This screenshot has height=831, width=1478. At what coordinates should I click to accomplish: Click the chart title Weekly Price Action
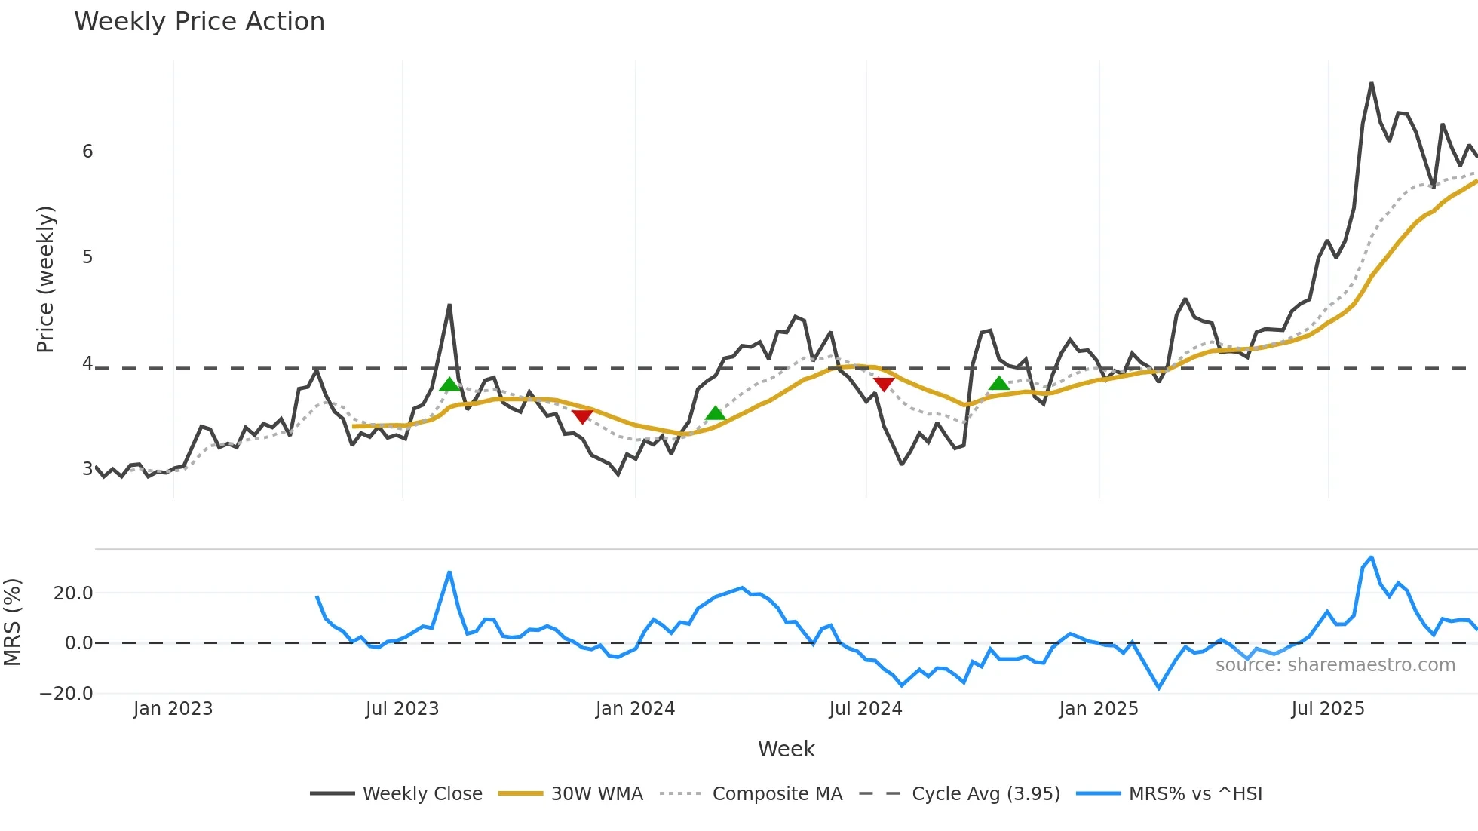click(x=199, y=22)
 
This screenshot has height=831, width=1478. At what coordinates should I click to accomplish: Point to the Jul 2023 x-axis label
click(x=402, y=709)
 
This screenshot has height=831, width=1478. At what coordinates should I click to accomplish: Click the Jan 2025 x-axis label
click(x=1098, y=709)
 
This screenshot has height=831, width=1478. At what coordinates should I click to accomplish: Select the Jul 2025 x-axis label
click(x=1327, y=709)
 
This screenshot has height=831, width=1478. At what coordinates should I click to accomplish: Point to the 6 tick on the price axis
click(x=87, y=152)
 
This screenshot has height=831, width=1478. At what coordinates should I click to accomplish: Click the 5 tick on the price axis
click(x=87, y=257)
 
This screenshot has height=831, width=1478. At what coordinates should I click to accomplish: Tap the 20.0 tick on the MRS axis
click(x=73, y=593)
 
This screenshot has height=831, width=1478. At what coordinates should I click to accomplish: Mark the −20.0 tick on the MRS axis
click(x=66, y=694)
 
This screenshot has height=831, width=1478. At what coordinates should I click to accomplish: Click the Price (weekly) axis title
click(x=45, y=279)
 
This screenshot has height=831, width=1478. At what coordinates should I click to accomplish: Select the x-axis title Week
click(x=786, y=749)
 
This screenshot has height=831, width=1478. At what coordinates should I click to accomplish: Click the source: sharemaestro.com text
click(x=1335, y=665)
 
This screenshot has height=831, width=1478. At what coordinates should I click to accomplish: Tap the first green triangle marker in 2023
click(x=449, y=385)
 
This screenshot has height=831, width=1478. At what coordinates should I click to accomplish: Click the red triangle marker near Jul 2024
click(x=883, y=385)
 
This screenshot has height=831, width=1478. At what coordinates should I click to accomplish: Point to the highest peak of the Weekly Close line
click(x=1371, y=83)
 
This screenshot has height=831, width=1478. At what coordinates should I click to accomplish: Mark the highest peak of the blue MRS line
click(x=1371, y=557)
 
